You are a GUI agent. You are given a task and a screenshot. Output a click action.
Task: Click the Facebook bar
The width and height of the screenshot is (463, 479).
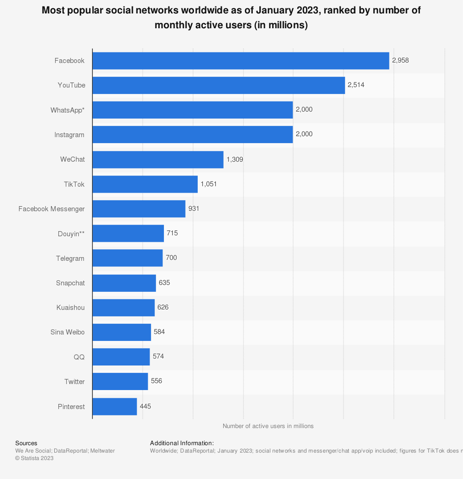pos(241,61)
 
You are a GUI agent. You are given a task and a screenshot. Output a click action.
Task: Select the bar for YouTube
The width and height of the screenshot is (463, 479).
pos(219,85)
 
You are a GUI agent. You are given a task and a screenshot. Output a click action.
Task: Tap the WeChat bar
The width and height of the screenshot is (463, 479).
pos(158,159)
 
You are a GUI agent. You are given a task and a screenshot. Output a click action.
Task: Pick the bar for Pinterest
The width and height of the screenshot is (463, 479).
pos(115,406)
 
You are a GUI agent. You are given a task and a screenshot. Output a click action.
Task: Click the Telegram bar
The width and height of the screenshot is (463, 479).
pos(128,258)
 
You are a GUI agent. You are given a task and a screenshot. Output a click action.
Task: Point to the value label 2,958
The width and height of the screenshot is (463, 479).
pos(400,61)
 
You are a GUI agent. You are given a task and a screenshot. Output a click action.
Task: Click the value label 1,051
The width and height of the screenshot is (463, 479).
pos(209,184)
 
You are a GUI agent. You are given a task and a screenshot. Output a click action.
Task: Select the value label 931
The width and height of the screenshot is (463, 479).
pos(194,208)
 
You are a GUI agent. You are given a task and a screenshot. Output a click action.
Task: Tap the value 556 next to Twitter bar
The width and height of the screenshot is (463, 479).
pos(156,381)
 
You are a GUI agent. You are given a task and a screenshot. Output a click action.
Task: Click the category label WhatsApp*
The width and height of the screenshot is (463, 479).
pos(68,110)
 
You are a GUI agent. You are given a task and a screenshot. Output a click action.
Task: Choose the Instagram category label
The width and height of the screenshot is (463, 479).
pos(69,135)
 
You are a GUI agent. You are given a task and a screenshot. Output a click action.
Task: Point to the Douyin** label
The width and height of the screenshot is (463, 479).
pos(71,233)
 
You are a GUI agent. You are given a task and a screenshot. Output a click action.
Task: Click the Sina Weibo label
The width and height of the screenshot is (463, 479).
pos(68,332)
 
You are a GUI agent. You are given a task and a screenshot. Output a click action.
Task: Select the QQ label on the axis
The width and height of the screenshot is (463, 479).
pos(79,357)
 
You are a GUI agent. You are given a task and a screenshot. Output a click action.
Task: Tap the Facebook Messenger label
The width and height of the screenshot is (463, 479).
pos(51,209)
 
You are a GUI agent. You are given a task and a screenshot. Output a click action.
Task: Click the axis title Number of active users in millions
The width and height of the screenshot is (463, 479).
pos(268,426)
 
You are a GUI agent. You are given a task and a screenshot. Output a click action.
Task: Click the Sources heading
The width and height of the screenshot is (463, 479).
pos(26,443)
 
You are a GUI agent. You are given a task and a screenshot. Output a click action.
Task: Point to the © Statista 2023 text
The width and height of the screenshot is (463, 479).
pos(34,458)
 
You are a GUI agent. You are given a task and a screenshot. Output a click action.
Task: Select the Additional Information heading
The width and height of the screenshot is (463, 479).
pos(182,443)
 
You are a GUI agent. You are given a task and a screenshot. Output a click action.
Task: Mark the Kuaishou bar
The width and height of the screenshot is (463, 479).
pos(124,308)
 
